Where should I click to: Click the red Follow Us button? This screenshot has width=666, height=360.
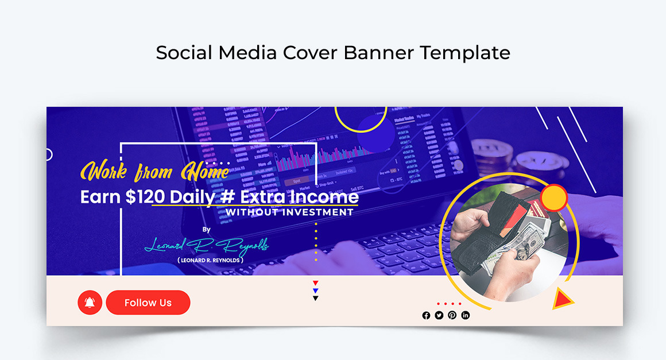(x=148, y=303)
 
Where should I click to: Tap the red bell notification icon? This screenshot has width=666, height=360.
(x=90, y=303)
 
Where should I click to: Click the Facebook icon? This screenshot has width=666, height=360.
(x=426, y=315)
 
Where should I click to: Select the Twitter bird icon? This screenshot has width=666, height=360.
(x=439, y=315)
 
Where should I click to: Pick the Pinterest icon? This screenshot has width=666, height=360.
(x=452, y=315)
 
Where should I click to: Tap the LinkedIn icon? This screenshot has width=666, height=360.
(x=466, y=315)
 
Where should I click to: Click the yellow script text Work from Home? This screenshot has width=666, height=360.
(x=155, y=171)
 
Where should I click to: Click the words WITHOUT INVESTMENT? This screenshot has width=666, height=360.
(x=289, y=212)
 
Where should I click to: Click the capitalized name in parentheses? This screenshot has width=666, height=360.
(x=211, y=260)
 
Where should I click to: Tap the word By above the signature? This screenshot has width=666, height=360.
(x=207, y=230)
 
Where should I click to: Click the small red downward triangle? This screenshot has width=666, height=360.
(x=316, y=283)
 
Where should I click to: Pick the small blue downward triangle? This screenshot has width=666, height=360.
(x=316, y=291)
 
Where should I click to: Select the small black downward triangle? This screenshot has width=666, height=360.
(x=316, y=298)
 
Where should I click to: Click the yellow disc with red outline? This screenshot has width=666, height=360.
(x=554, y=198)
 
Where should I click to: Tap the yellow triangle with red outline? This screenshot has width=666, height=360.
(x=563, y=299)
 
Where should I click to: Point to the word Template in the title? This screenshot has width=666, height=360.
(x=464, y=52)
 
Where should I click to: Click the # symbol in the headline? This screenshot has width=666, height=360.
(x=228, y=197)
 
